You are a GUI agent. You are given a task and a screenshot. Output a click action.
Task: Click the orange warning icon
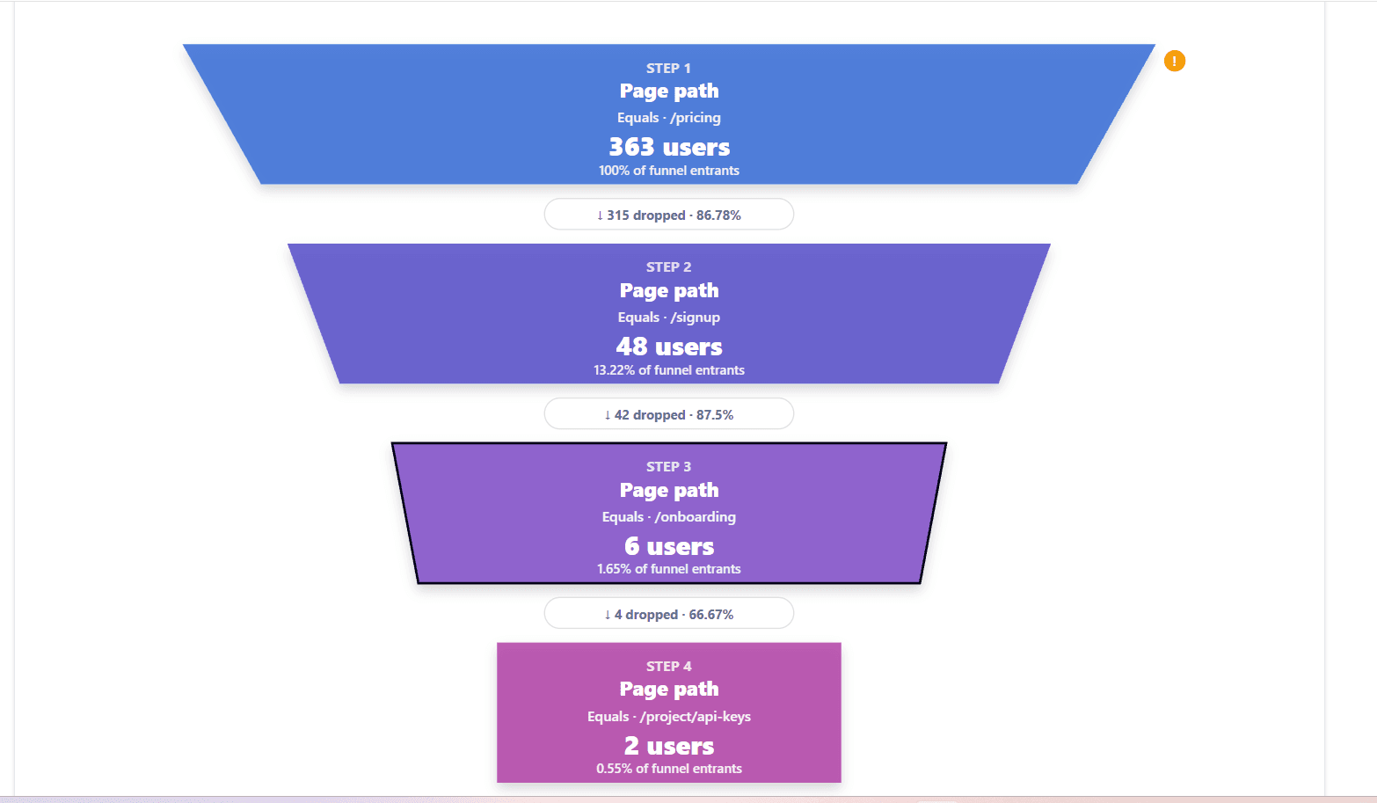[1174, 61]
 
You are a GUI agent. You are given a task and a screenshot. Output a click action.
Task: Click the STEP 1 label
[669, 69]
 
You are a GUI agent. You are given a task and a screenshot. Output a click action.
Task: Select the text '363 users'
[669, 147]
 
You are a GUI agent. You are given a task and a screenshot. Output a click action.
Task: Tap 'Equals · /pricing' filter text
[669, 118]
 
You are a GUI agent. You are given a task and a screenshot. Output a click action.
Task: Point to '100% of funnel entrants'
[669, 171]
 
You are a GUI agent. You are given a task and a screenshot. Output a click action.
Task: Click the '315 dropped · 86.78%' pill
[669, 215]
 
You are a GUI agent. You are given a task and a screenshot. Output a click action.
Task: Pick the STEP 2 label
[669, 266]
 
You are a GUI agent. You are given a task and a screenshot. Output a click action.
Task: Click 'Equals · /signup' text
[669, 318]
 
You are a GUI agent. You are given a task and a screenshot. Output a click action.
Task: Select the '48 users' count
[669, 347]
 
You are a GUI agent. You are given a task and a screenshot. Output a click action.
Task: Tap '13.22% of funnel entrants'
[669, 370]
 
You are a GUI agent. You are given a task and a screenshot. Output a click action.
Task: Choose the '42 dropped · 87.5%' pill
[669, 414]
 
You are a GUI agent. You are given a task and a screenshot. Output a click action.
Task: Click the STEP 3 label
[669, 467]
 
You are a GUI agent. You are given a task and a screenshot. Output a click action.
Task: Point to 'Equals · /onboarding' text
[669, 516]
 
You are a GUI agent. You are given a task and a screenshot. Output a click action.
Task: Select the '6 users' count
[669, 546]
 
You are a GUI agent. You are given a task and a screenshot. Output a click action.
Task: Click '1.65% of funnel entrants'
[669, 569]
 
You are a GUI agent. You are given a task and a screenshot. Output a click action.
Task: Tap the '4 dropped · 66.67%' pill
[669, 614]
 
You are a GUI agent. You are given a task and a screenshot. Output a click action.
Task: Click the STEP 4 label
[669, 667]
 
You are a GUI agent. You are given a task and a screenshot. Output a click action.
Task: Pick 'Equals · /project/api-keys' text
[669, 716]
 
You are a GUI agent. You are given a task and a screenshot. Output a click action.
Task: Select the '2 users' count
[669, 746]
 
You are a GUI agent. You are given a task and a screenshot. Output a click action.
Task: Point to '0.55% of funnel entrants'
[669, 769]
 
